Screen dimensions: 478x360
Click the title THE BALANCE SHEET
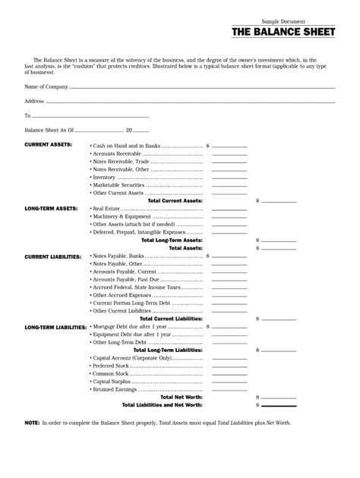click(x=283, y=33)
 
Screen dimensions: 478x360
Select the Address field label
click(x=34, y=101)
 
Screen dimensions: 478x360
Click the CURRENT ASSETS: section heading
click(x=48, y=144)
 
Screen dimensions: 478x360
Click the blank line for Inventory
click(x=229, y=177)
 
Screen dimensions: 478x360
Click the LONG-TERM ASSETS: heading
click(x=51, y=208)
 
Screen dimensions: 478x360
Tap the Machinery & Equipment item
click(x=122, y=216)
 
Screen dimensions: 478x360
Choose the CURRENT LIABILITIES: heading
click(x=53, y=256)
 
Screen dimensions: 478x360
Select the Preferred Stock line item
click(x=113, y=366)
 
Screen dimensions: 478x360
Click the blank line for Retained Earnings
click(x=229, y=389)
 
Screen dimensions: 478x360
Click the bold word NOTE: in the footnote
click(x=32, y=422)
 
